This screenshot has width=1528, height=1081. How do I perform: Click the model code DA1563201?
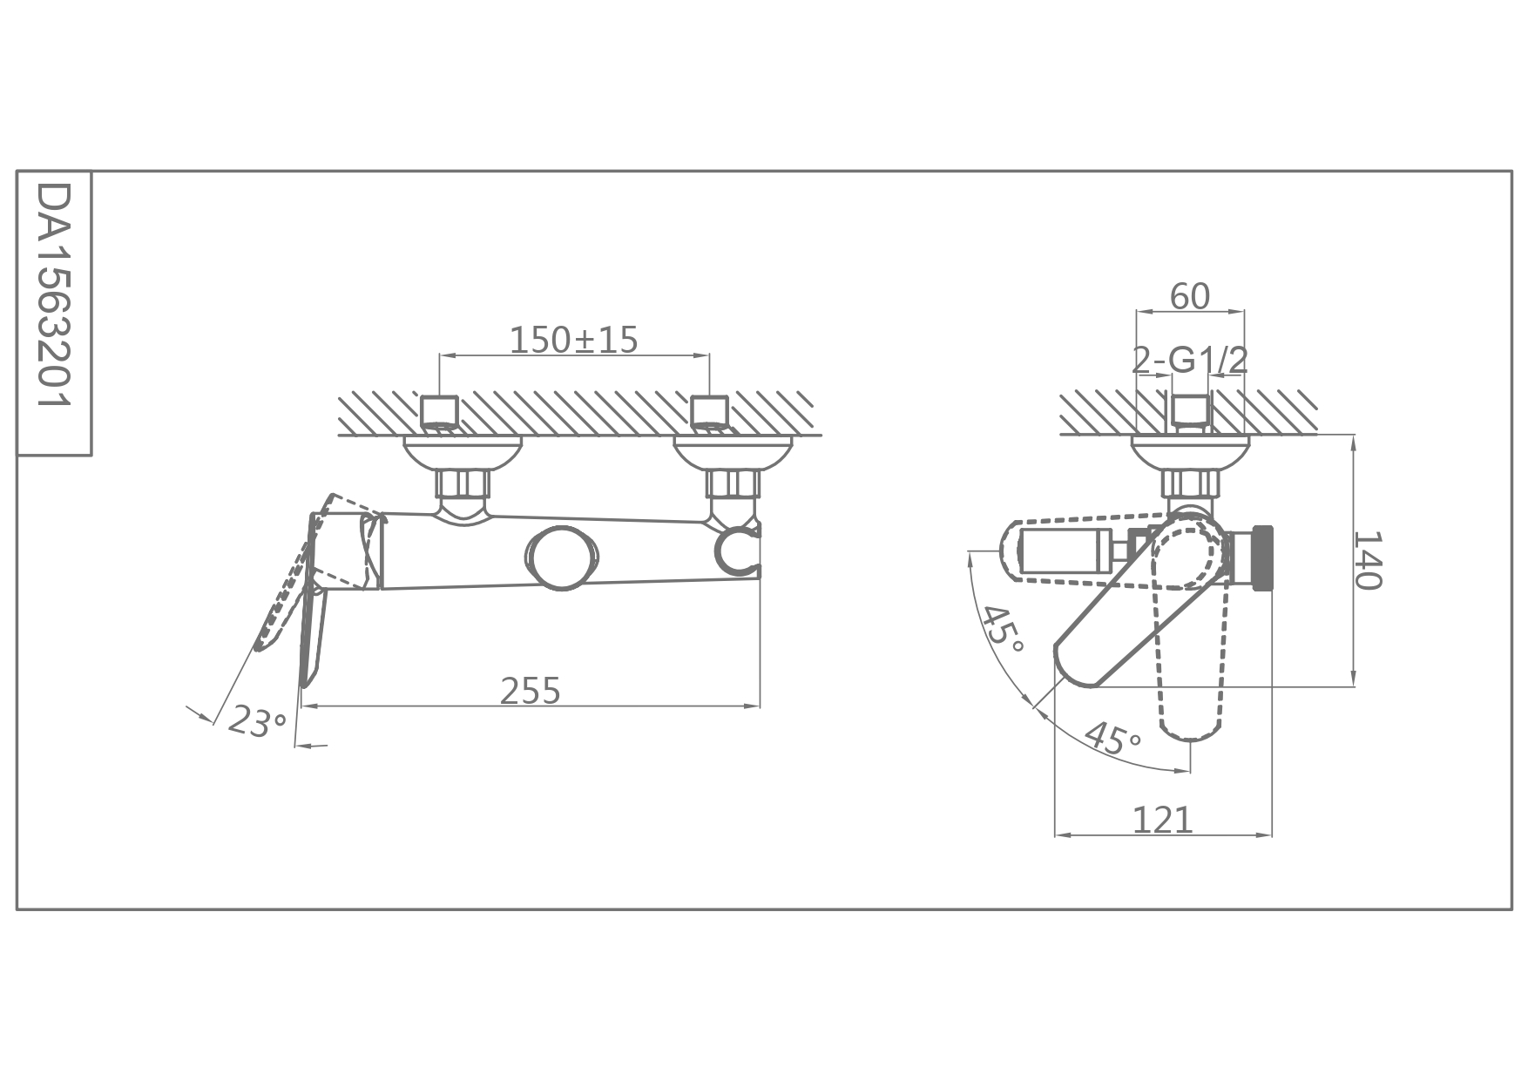pyautogui.click(x=54, y=297)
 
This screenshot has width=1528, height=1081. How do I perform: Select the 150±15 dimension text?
pyautogui.click(x=573, y=340)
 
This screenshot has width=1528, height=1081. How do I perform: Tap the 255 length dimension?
pyautogui.click(x=531, y=691)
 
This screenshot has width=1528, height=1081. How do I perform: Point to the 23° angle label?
pyautogui.click(x=256, y=722)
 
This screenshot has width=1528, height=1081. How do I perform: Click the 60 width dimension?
pyautogui.click(x=1190, y=297)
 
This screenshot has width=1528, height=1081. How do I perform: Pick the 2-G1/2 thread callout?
pyautogui.click(x=1190, y=359)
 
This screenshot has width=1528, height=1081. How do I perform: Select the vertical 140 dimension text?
pyautogui.click(x=1369, y=559)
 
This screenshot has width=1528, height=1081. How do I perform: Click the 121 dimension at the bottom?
pyautogui.click(x=1162, y=820)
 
